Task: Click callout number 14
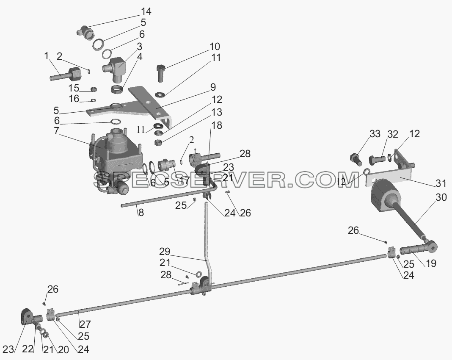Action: pyautogui.click(x=146, y=11)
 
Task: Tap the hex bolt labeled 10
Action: pyautogui.click(x=160, y=74)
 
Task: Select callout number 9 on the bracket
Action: pyautogui.click(x=213, y=87)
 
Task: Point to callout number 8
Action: pyautogui.click(x=141, y=213)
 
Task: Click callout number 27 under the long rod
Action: pyautogui.click(x=85, y=324)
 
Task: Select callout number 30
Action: pyautogui.click(x=441, y=198)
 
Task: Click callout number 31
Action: pyautogui.click(x=441, y=183)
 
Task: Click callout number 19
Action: pyautogui.click(x=431, y=263)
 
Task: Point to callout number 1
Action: pyautogui.click(x=47, y=56)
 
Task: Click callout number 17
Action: pyautogui.click(x=185, y=180)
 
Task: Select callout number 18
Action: pyautogui.click(x=217, y=125)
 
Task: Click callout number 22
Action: pyautogui.click(x=28, y=349)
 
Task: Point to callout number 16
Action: pyautogui.click(x=74, y=99)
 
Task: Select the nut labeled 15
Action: pyautogui.click(x=94, y=89)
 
